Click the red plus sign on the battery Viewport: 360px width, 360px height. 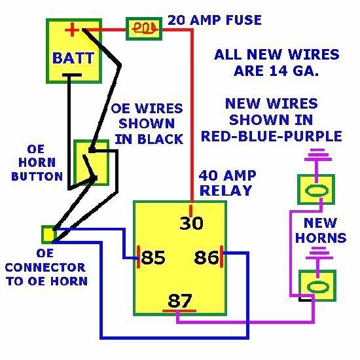[72, 29]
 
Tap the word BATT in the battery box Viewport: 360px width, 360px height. [73, 58]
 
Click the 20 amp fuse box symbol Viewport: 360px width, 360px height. [144, 29]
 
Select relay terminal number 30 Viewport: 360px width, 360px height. [192, 223]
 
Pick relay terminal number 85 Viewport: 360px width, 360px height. [153, 257]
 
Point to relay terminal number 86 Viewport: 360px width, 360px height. [206, 257]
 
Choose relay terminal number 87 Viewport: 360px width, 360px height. [180, 300]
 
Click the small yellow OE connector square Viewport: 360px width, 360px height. [48, 234]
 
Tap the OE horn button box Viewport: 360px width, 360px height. [91, 162]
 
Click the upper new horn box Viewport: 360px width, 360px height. [316, 190]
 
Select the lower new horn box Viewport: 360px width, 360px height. [317, 285]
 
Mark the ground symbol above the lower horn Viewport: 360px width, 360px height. [319, 253]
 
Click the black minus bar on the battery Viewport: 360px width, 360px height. [72, 75]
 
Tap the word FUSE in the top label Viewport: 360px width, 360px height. [243, 20]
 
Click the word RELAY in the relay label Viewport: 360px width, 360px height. [226, 190]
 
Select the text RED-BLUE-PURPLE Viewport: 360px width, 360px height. [272, 136]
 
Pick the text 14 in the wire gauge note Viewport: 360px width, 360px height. [278, 71]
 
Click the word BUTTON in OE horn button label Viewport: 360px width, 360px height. [37, 176]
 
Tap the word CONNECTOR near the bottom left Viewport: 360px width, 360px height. [45, 268]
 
